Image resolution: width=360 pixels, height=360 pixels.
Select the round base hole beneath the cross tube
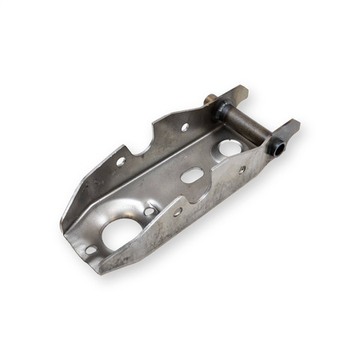[230, 147]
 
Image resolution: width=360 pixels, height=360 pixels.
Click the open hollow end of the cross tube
[276, 147]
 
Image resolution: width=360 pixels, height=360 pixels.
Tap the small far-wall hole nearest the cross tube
[185, 126]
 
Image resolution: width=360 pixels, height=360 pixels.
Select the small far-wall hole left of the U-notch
[121, 162]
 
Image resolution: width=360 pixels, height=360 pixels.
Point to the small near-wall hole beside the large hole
[178, 212]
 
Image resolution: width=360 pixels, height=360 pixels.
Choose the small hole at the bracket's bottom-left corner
[90, 250]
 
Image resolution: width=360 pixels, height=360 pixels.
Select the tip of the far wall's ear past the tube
[242, 90]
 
